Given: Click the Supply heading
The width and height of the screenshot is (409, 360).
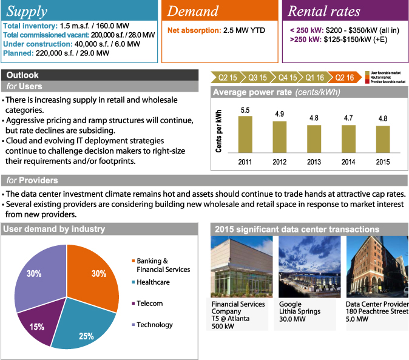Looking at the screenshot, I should [27, 11].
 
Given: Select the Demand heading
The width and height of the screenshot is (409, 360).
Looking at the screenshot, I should [194, 11].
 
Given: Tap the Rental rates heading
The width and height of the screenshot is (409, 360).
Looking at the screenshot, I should [323, 11].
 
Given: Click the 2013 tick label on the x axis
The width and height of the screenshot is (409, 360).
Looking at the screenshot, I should [314, 161].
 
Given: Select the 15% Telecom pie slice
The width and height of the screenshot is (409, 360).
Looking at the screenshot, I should [38, 325].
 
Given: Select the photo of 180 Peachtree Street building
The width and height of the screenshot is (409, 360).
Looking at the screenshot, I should [377, 267].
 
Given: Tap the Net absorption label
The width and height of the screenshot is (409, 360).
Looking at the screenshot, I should [194, 29].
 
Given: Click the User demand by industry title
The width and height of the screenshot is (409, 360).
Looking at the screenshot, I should [53, 229].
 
